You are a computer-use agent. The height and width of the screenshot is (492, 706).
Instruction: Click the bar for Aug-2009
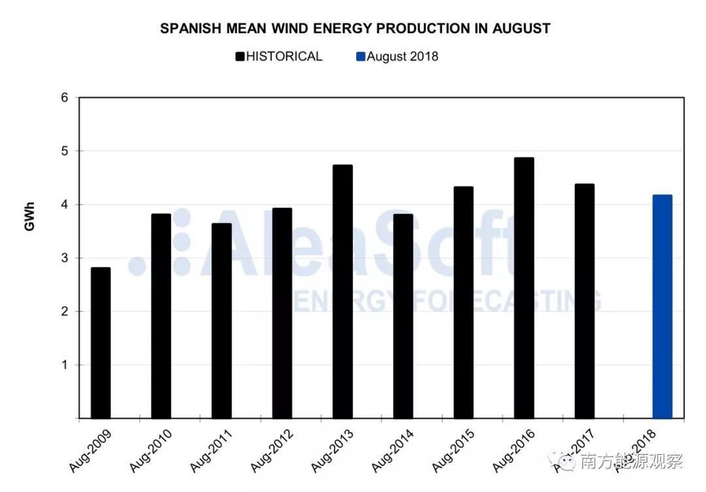pos(101,342)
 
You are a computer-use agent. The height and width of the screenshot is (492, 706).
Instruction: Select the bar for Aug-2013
pos(343,291)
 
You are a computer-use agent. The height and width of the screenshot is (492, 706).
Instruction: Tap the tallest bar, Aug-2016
pos(524,287)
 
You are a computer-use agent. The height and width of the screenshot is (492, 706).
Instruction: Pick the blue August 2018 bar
pos(662,306)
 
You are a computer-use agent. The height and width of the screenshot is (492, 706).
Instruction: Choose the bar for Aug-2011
pos(222,321)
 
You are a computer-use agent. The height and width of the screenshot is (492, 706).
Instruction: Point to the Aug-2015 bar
pos(463,303)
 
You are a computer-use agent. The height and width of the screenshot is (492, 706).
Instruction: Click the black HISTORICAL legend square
pos(240,57)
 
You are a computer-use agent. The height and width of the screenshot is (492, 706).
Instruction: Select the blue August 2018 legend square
pos(360,57)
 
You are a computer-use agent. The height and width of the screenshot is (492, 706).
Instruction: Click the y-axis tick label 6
pos(65,97)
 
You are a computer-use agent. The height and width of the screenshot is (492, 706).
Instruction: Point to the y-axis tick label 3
pos(65,258)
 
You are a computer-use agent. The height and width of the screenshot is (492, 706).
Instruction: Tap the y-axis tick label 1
pos(65,365)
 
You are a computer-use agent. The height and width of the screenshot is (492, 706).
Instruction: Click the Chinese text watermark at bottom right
pos(631,461)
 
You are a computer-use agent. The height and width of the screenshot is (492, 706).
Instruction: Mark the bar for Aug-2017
pos(584,301)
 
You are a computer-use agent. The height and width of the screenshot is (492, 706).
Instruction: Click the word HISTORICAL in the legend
pos(284,57)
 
